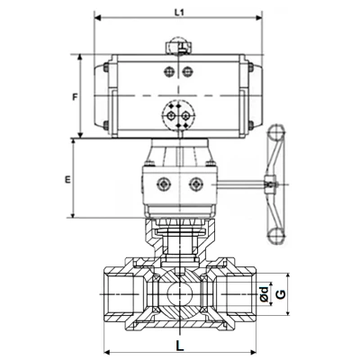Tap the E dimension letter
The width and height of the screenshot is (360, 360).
(67, 180)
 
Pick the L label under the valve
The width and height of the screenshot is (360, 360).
(179, 342)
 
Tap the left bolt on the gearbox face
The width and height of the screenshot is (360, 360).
(163, 184)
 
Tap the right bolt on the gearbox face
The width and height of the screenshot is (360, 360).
(194, 184)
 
